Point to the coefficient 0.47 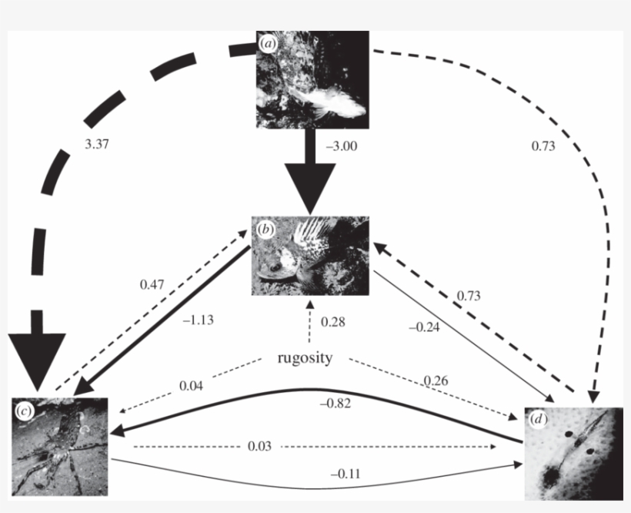(x=152, y=284)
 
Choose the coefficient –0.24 (x=424, y=327)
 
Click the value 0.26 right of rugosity (x=436, y=381)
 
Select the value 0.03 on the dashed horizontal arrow (x=259, y=447)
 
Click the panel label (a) (x=267, y=44)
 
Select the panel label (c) (x=24, y=411)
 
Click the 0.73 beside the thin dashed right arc (x=543, y=145)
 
